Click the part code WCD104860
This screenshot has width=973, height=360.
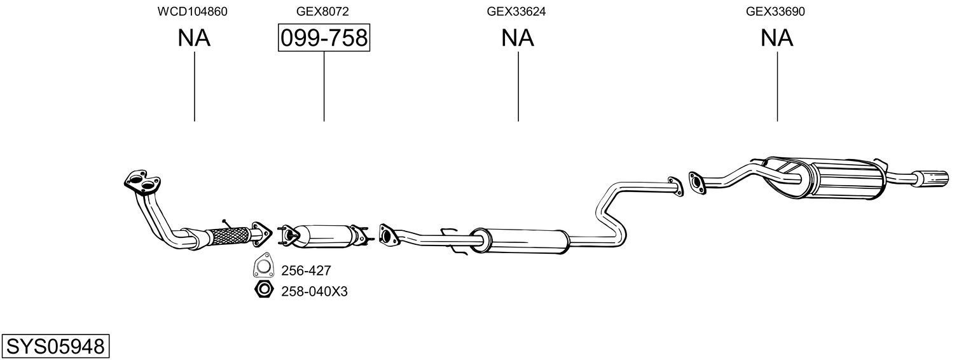click(193, 11)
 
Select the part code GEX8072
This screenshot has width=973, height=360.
click(322, 11)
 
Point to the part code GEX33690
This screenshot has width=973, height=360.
click(776, 11)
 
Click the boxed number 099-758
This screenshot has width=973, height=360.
click(324, 38)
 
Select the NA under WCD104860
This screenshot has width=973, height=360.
click(193, 38)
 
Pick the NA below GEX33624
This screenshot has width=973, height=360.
click(517, 38)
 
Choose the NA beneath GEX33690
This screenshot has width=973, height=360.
click(776, 38)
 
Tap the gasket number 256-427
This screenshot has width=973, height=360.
click(306, 271)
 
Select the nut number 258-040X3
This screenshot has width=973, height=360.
click(314, 291)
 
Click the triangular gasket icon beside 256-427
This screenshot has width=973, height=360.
click(262, 269)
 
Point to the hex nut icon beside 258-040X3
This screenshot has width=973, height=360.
click(262, 291)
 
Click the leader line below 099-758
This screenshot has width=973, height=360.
click(324, 86)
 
